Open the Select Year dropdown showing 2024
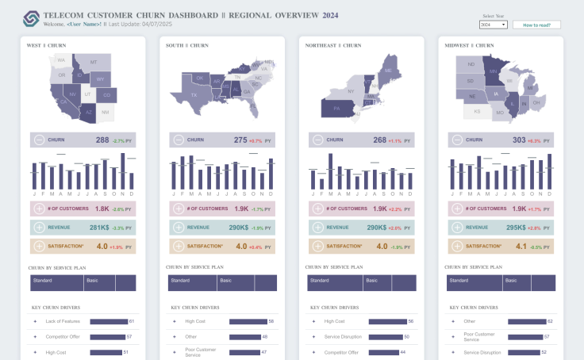(x=493, y=25)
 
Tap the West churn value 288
(x=102, y=140)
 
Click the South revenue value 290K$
(x=239, y=228)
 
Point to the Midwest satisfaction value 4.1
(x=520, y=247)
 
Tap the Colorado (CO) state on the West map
(x=107, y=95)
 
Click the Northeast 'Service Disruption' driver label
(x=343, y=336)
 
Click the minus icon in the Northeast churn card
(x=318, y=140)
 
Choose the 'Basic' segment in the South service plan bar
(x=236, y=281)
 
